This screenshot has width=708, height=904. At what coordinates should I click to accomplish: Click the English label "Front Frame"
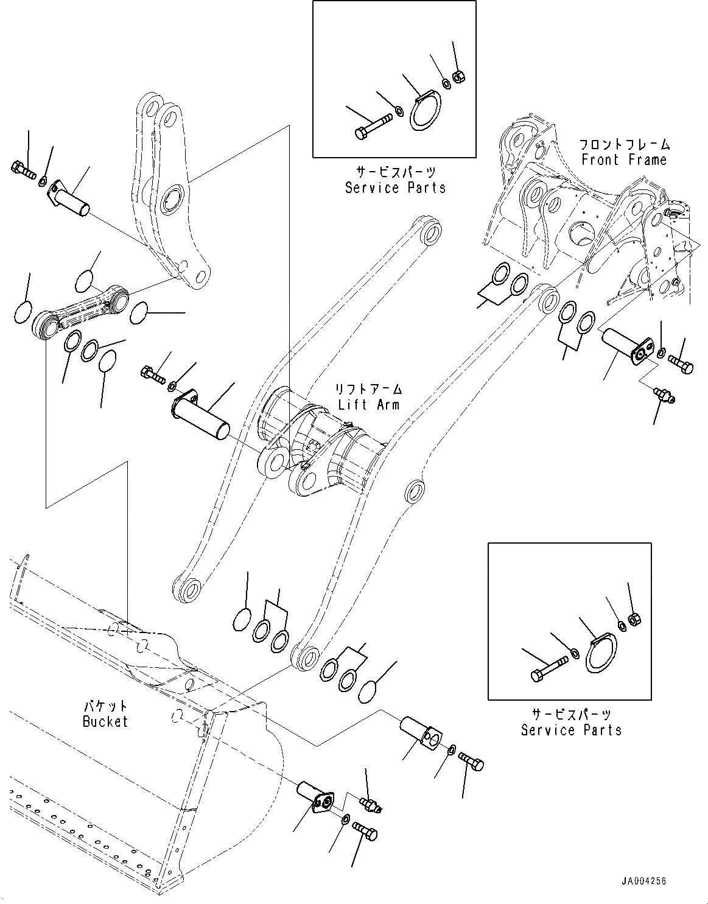pyautogui.click(x=624, y=160)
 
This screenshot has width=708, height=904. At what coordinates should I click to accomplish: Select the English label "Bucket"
pyautogui.click(x=105, y=721)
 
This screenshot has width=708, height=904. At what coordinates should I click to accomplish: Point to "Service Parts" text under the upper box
pyautogui.click(x=395, y=188)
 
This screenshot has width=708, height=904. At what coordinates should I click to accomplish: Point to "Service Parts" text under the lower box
pyautogui.click(x=571, y=730)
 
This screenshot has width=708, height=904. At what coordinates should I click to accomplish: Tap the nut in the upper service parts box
pyautogui.click(x=458, y=77)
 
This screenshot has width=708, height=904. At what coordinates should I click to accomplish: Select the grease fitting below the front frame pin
pyautogui.click(x=662, y=394)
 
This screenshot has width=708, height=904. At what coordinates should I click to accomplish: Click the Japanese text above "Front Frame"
pyautogui.click(x=624, y=145)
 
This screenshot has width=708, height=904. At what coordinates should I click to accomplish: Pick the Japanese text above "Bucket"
pyautogui.click(x=105, y=706)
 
